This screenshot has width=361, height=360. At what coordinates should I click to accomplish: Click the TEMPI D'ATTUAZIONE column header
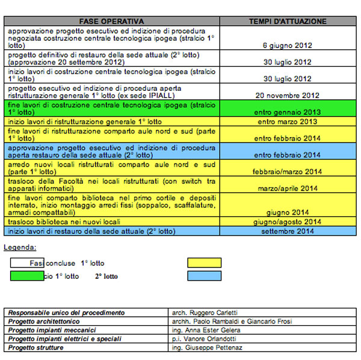pos(288,21)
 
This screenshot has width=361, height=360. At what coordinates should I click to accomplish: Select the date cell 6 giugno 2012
pos(288,45)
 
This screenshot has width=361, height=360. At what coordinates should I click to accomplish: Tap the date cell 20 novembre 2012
pos(288,95)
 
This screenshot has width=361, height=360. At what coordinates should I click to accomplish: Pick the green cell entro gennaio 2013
pos(288,112)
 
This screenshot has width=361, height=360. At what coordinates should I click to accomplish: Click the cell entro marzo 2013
pos(288,121)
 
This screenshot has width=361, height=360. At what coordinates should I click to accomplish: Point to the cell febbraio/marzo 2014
pos(288,171)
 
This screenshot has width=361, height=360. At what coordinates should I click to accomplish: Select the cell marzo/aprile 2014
pos(288,188)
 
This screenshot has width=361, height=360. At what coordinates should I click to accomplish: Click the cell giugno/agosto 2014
pos(288,222)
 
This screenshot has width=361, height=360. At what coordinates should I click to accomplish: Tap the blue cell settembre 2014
pos(288,231)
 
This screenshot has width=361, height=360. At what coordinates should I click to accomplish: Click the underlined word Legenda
pos(20,247)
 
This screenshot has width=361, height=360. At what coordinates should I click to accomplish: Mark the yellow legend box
pos(204,263)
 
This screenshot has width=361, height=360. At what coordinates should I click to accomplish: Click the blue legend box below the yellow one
pos(204,276)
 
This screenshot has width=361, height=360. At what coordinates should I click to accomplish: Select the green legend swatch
pos(26,276)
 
